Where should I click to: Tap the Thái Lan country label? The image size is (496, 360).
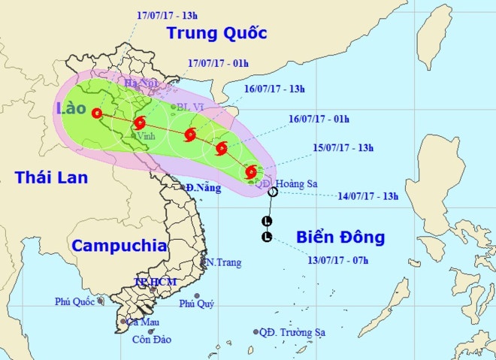[x=51, y=177]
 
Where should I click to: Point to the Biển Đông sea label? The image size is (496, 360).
[x=341, y=237]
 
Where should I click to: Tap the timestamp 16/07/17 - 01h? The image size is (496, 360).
[x=319, y=119]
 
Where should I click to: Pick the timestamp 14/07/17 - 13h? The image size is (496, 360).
[x=367, y=197]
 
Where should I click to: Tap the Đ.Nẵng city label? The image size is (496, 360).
[x=201, y=187]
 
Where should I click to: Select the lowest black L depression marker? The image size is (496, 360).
[x=266, y=237]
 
